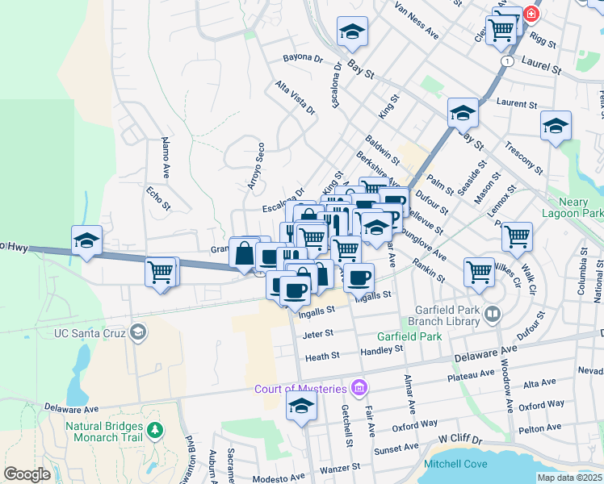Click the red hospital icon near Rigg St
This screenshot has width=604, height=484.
coord(531,14)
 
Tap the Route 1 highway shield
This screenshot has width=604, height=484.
coord(506,61)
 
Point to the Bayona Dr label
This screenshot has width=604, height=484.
coord(303,59)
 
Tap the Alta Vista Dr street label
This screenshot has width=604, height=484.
coord(293,97)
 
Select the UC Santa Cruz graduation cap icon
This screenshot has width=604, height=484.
coord(139,332)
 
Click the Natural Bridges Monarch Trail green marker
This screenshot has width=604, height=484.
coord(153,432)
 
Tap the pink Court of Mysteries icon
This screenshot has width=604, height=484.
coord(359,389)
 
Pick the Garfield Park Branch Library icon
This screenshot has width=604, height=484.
coord(492,313)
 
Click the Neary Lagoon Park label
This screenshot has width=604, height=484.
coord(575,207)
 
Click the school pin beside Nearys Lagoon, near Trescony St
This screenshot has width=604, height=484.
coord(556,126)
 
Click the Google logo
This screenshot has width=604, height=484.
coord(27,474)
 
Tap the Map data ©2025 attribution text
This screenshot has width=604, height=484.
coord(570,478)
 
